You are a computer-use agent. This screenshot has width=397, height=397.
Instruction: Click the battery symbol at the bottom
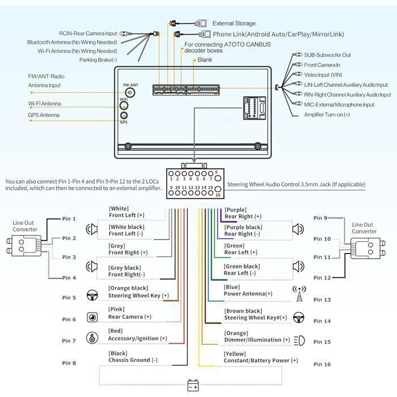coord(193,385)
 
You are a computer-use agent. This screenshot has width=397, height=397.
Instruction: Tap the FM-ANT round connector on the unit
coord(130,92)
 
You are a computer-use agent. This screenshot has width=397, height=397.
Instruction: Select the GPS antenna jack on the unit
coord(124,116)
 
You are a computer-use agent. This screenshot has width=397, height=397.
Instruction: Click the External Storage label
coord(234,24)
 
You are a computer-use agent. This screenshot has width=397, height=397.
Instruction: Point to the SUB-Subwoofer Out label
coord(327,55)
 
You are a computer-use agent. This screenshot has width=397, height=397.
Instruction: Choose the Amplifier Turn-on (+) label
coord(327,115)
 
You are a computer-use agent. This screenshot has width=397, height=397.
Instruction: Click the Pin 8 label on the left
coord(69,363)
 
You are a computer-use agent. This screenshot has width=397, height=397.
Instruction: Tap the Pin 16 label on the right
coord(322,364)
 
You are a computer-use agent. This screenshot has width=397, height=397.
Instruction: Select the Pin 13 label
coord(322,300)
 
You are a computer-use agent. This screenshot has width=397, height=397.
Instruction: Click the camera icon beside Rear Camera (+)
coord(92,317)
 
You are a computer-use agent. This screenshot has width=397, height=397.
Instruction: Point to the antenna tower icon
coord(299,294)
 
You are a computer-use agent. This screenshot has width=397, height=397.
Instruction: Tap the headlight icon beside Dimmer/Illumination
coord(299,340)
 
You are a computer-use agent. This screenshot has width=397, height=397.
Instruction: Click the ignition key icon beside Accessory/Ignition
coord(92,338)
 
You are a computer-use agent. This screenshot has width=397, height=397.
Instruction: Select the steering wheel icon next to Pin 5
coord(92,295)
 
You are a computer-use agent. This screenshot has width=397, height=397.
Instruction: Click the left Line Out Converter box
coord(24,246)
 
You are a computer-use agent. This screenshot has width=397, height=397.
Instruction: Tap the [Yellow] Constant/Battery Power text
coord(261,357)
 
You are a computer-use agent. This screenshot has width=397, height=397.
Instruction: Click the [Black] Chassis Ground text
coord(133,357)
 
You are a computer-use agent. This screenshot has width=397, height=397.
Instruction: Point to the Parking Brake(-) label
coord(98,60)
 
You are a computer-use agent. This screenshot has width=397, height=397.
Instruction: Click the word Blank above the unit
coord(205,60)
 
